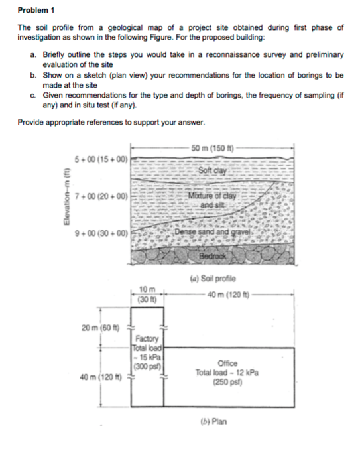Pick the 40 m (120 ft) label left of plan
(x=98, y=377)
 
